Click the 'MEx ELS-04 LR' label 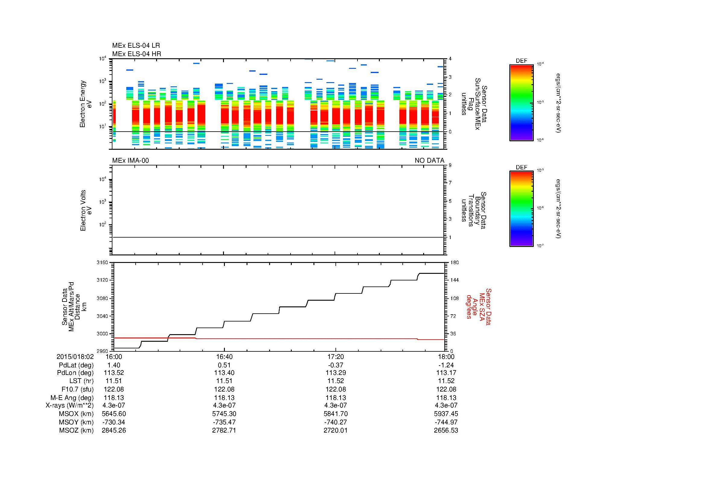pyautogui.click(x=136, y=46)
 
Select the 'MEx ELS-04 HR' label pyautogui.click(x=136, y=54)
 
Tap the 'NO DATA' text pyautogui.click(x=429, y=161)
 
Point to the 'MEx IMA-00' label pyautogui.click(x=130, y=161)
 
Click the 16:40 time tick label pyautogui.click(x=224, y=357)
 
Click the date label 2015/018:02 pyautogui.click(x=75, y=357)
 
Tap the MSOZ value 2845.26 pyautogui.click(x=114, y=430)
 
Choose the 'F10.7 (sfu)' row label pyautogui.click(x=77, y=389)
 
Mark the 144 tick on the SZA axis pyautogui.click(x=454, y=280)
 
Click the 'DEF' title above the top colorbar pyautogui.click(x=521, y=61)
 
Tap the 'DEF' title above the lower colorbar pyautogui.click(x=521, y=167)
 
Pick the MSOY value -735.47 pyautogui.click(x=224, y=422)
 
